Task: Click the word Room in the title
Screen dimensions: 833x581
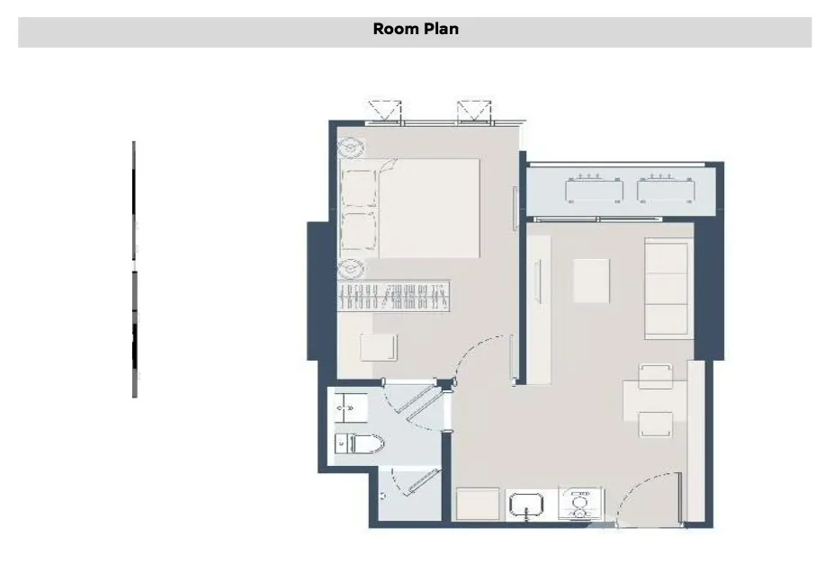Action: [394, 29]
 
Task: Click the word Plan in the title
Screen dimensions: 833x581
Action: [439, 29]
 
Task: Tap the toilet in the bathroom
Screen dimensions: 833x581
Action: [359, 443]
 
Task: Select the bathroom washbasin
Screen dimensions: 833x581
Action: [351, 407]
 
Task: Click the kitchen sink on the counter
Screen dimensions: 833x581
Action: [526, 505]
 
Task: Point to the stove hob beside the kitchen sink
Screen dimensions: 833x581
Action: [580, 505]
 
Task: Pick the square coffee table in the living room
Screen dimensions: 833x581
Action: [591, 281]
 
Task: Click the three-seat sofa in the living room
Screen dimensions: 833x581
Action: [669, 289]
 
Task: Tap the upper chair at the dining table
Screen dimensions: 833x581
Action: [656, 377]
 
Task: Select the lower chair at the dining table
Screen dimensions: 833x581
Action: [656, 424]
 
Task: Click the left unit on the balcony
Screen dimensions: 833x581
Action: [595, 190]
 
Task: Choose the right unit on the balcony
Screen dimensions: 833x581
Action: [667, 190]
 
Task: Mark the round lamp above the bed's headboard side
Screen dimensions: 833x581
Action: [351, 147]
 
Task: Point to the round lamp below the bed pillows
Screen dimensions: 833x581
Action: [351, 269]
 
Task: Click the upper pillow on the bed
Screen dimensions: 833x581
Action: [359, 189]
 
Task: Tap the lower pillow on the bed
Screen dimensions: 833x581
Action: [359, 231]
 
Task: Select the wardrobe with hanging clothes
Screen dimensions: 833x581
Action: [394, 296]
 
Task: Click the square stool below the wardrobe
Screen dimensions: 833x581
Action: [378, 347]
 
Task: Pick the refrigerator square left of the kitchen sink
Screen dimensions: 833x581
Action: [479, 504]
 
